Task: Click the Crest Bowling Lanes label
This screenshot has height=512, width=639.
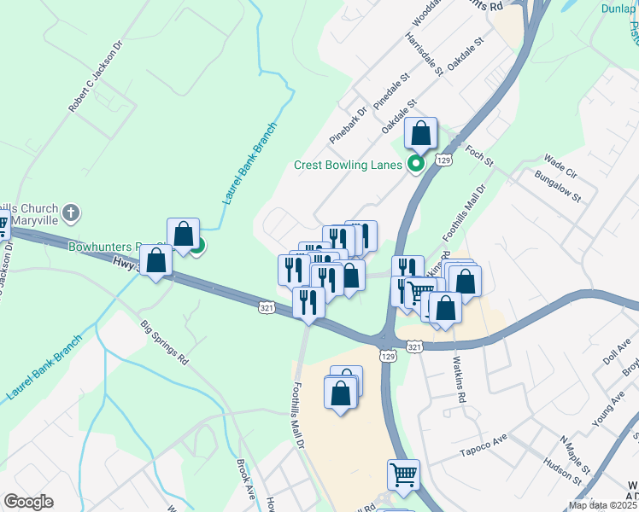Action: click(x=348, y=165)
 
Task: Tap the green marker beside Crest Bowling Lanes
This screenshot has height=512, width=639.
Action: click(x=417, y=165)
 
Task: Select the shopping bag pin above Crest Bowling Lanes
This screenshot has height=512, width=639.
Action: click(x=420, y=133)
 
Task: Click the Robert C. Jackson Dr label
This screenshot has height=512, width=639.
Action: click(x=97, y=75)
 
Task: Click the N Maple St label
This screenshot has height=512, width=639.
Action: click(x=575, y=456)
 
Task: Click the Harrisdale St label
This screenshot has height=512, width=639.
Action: click(x=425, y=54)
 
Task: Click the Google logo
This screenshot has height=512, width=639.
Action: click(x=28, y=502)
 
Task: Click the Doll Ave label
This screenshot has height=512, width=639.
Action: click(x=617, y=351)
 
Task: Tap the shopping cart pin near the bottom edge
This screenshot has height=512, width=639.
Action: click(x=403, y=474)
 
